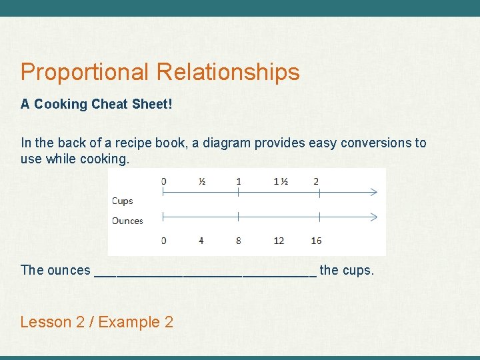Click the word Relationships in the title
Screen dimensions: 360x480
[x=228, y=72]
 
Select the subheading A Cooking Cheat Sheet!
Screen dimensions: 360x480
[x=96, y=105]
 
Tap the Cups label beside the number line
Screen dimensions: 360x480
[x=122, y=201]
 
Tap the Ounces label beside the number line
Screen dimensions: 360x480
[x=127, y=221]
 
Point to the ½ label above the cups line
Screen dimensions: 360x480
[x=201, y=181]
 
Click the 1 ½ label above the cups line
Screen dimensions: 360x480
[x=280, y=181]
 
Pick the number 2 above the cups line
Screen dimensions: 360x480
[x=315, y=181]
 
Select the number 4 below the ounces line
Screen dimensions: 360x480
[x=201, y=240]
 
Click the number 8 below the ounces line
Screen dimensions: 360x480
[x=239, y=240]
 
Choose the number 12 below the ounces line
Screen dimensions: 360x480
[x=279, y=240]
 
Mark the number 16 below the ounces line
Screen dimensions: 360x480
[x=316, y=240]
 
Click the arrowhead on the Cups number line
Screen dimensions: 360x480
[x=373, y=192]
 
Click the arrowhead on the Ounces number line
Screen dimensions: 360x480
[x=373, y=217]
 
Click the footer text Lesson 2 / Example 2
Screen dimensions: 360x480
[x=97, y=323]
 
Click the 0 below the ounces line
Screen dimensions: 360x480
[x=163, y=240]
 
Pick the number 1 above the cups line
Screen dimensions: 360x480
[x=239, y=181]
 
